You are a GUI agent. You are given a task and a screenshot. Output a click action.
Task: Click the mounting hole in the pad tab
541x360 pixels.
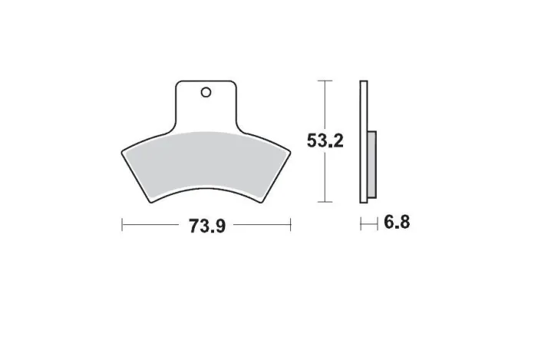tap(206, 93)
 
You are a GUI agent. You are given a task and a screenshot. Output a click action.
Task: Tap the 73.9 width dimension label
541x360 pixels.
tap(207, 226)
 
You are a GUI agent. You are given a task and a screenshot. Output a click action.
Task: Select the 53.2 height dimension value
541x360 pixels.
tap(325, 140)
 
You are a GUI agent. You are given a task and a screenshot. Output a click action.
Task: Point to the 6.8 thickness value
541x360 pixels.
tap(397, 223)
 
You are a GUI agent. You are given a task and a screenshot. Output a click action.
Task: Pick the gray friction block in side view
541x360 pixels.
tap(372, 164)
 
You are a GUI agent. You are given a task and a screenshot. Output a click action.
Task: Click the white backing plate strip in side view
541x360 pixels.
tap(364, 141)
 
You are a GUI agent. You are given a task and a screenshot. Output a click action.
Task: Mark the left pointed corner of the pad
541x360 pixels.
tap(122, 152)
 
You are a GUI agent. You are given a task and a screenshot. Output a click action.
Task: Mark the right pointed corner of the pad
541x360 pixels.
tap(291, 152)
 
